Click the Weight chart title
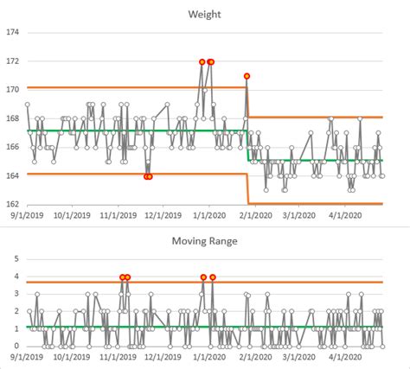coord(205,14)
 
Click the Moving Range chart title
coord(205,237)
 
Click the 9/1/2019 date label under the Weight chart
coord(27,215)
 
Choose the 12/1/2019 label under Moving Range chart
coord(164,357)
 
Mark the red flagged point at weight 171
coord(247,76)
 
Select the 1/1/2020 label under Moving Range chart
coord(209,357)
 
